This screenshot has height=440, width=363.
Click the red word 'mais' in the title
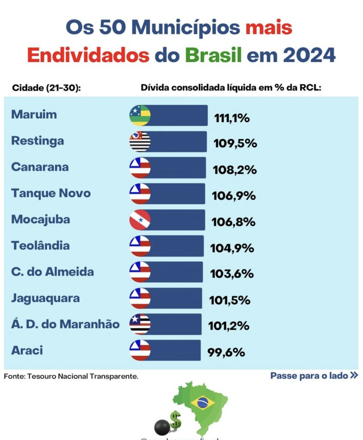[x=269, y=28]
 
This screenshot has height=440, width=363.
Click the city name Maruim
[x=34, y=115]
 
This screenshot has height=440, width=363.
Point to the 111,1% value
[x=232, y=118]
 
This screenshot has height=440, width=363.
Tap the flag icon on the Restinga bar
[x=140, y=142]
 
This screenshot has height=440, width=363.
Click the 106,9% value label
[x=234, y=196]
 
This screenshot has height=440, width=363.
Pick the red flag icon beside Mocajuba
[x=140, y=220]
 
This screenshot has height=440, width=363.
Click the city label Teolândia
[x=40, y=246]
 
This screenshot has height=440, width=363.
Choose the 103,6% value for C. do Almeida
[x=232, y=274]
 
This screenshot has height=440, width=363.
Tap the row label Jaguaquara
[x=46, y=298]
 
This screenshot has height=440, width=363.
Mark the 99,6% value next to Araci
[x=226, y=352]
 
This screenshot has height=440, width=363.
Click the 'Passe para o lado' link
[x=314, y=376]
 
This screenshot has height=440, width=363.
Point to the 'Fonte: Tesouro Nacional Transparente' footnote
[x=71, y=376]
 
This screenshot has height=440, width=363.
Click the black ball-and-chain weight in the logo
[x=163, y=427]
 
